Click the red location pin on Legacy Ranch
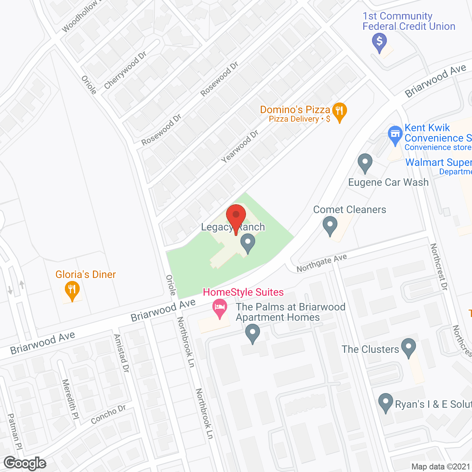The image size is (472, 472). tap(236, 216)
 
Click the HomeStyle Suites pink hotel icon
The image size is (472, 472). tap(220, 308)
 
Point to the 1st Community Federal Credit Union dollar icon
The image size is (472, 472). tap(379, 42)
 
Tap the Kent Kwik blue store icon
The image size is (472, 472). tap(395, 135)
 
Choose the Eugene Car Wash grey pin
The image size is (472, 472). tap(365, 163)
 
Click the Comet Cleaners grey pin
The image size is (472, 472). tap(330, 225)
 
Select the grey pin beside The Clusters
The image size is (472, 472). tap(408, 347)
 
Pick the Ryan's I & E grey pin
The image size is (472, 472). tap(386, 403)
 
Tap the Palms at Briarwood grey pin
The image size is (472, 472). tap(253, 333)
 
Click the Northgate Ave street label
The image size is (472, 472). tap(322, 263)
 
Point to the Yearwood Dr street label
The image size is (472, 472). tap(240, 146)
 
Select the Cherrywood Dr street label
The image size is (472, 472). tap(125, 70)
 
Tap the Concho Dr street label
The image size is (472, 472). tap(108, 414)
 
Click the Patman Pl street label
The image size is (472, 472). tap(15, 431)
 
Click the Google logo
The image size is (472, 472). tap(25, 463)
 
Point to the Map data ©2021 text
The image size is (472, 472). tap(441, 466)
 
